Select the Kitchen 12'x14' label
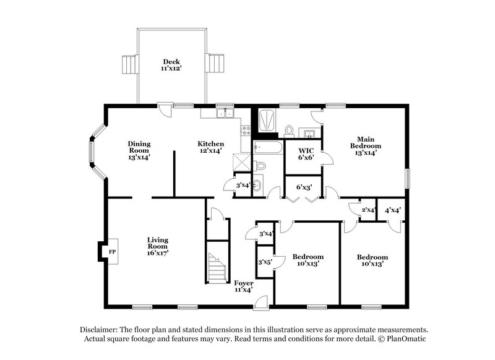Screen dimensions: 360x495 click(210, 147)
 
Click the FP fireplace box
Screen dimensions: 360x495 click(112, 252)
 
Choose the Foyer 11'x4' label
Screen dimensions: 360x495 click(243, 286)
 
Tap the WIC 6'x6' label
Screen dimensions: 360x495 click(307, 153)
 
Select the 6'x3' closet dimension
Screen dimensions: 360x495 click(303, 187)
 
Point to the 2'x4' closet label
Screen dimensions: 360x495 click(368, 210)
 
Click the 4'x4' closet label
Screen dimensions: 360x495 click(392, 210)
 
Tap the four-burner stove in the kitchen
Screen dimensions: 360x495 click(246, 131)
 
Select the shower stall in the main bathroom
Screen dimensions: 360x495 click(267, 120)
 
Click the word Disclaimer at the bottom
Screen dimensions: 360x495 click(100, 330)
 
